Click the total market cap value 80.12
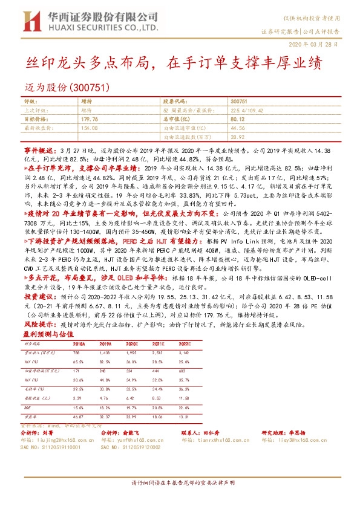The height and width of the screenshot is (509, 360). pyautogui.click(x=238, y=120)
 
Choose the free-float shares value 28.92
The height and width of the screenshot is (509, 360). pyautogui.click(x=237, y=137)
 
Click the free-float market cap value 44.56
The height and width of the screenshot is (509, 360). pyautogui.click(x=237, y=128)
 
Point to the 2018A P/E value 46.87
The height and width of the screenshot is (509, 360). pyautogui.click(x=77, y=417)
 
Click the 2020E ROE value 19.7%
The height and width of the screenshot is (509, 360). pyautogui.click(x=129, y=408)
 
